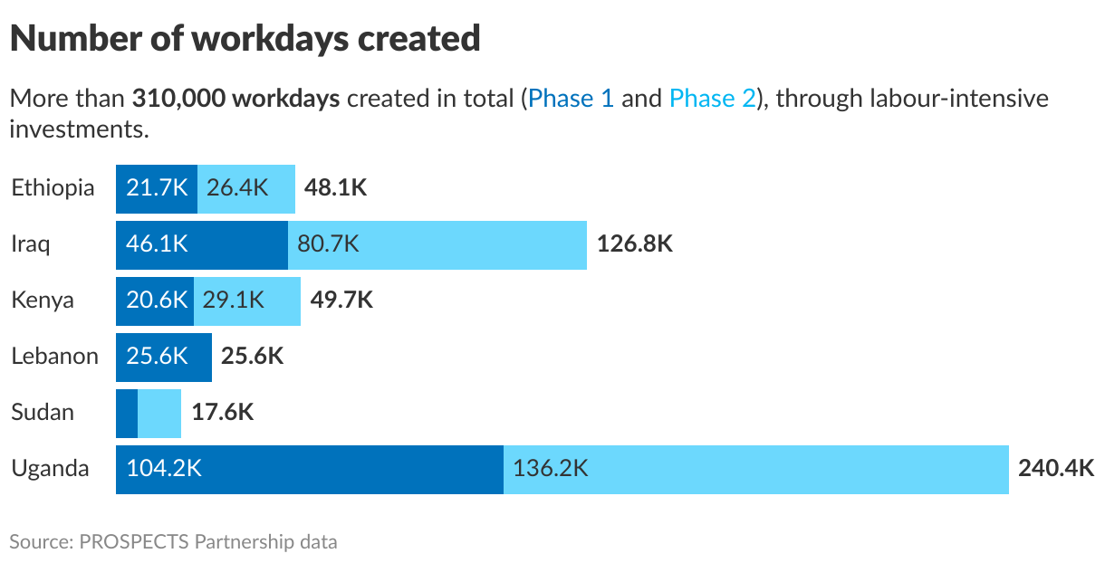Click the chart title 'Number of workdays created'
[245, 38]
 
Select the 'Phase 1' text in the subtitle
[571, 98]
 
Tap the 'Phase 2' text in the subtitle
[712, 98]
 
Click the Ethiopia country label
[53, 188]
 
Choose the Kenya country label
[43, 301]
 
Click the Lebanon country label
[54, 357]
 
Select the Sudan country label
[43, 413]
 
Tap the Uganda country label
[50, 469]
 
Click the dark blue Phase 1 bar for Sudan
[127, 413]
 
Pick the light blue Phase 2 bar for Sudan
[159, 413]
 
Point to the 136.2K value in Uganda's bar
[551, 469]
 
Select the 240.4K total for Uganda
[1056, 469]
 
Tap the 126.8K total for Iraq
[634, 244]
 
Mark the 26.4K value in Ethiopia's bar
[237, 188]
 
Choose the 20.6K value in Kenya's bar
[155, 301]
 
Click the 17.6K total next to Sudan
[223, 413]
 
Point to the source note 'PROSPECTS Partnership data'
[208, 542]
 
